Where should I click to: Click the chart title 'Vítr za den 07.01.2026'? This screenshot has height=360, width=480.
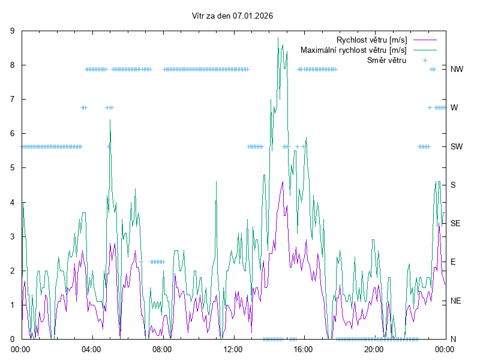[x=232, y=16]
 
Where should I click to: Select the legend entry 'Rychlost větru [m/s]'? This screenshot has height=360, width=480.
[x=372, y=40]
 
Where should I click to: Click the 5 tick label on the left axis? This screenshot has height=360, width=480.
[x=13, y=168]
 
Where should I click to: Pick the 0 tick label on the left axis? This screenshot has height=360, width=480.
[x=13, y=339]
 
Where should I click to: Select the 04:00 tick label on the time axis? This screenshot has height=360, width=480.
[x=92, y=349]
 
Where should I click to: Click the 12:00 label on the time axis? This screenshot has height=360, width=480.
[x=233, y=349]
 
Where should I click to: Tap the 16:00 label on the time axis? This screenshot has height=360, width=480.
[x=304, y=349]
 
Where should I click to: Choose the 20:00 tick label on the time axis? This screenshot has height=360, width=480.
[x=374, y=349]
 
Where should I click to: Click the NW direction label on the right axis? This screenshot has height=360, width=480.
[x=457, y=69]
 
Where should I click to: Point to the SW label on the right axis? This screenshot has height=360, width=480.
[x=457, y=146]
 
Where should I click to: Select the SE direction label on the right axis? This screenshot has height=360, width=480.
[x=455, y=223]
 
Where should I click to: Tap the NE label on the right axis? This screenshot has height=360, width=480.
[x=455, y=301]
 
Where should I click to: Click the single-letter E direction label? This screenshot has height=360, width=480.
[x=453, y=262]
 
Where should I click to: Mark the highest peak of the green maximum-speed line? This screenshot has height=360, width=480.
[x=278, y=38]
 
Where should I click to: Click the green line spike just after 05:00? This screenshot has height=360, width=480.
[x=110, y=120]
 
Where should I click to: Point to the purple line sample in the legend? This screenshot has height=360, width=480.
[x=424, y=40]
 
